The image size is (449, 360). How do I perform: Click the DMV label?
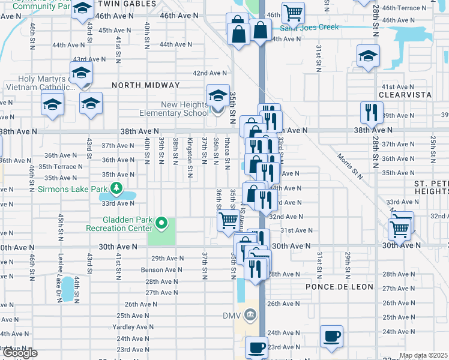231,316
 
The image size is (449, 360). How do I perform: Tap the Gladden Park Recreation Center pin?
161,224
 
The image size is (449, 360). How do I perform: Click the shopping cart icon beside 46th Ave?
293,11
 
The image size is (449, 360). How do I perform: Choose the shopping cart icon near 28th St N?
400,228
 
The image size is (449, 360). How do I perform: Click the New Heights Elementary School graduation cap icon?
218,95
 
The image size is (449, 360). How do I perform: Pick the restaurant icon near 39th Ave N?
370,112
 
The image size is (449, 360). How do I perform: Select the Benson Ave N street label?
161,270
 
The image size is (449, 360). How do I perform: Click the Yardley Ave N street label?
133,327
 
